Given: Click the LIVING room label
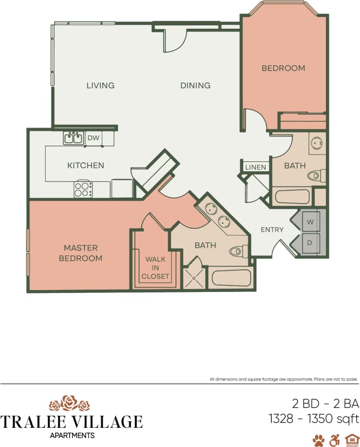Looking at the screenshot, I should (x=100, y=85).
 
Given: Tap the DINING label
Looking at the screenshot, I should (x=195, y=85).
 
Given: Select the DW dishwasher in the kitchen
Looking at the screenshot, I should (x=93, y=138).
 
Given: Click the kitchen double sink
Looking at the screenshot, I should (x=73, y=138).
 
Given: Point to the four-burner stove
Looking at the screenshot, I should (x=83, y=189).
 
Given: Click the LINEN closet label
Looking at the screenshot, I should (x=255, y=167).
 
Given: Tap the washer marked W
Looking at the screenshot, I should (x=310, y=222).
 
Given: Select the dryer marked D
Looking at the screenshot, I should (x=310, y=243).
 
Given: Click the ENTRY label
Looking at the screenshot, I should (x=272, y=230).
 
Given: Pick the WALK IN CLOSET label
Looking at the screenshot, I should (x=155, y=267).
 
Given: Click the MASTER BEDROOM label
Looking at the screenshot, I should (x=81, y=253).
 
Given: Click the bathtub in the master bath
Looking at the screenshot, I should (x=231, y=279).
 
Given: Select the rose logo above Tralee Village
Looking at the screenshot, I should (x=70, y=403).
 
